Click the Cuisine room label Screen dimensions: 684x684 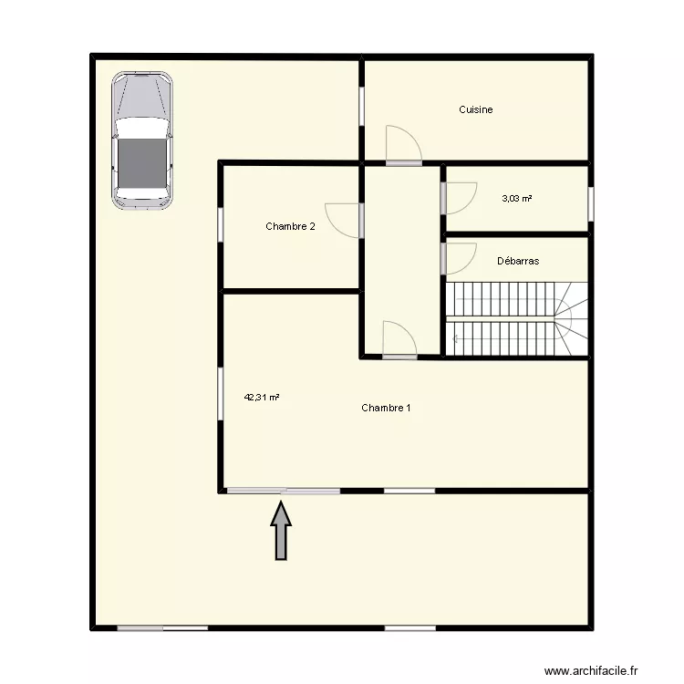point(475,109)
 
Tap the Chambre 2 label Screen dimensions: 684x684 point(290,226)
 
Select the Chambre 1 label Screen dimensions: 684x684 point(385,408)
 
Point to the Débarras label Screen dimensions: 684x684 point(518,261)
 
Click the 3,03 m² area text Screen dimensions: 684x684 point(517,197)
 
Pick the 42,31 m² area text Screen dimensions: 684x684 point(261,397)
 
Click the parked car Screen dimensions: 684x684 point(142,139)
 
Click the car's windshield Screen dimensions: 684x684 point(142,129)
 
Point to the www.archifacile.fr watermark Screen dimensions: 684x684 point(606,671)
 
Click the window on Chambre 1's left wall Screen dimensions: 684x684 point(220,395)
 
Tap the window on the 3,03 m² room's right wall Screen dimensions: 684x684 point(590,203)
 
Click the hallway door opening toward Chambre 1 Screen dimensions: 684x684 point(399,339)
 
